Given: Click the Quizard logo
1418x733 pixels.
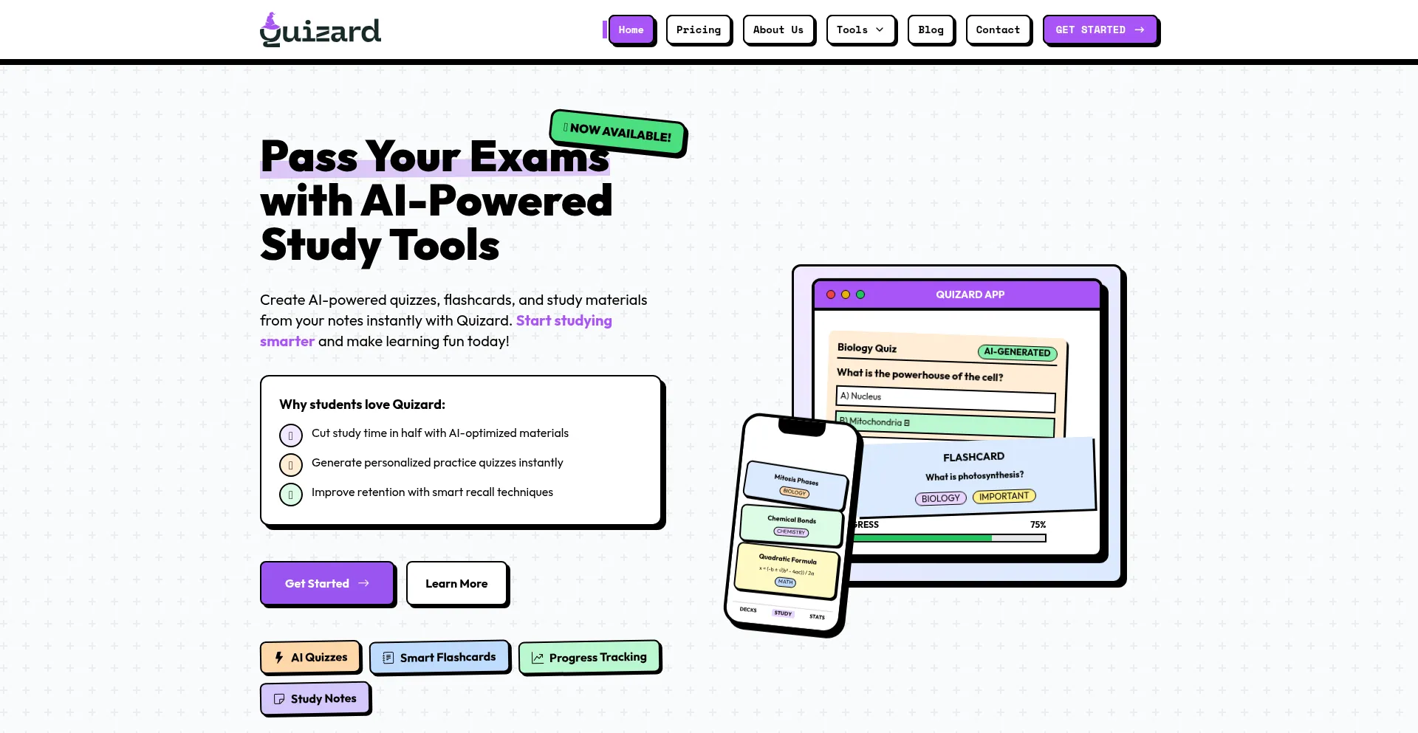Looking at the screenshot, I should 321,30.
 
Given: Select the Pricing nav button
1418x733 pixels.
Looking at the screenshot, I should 698,30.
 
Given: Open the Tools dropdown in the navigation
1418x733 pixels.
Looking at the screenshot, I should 860,30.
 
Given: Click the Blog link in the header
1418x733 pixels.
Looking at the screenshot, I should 931,30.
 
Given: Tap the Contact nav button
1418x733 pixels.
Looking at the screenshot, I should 998,30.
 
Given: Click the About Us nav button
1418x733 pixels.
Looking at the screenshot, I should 778,30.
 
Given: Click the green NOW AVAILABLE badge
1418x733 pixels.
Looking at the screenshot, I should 617,132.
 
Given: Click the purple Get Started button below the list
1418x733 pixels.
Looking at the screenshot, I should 326,583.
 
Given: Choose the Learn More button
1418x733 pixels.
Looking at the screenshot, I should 456,583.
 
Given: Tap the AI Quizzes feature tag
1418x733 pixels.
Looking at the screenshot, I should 310,657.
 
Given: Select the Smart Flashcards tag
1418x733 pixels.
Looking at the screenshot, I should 439,657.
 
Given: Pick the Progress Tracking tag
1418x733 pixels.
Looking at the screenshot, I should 589,657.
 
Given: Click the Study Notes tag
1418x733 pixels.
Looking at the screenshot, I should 315,698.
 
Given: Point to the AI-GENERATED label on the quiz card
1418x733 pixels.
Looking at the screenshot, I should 1017,352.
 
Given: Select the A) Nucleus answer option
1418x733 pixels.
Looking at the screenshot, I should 945,399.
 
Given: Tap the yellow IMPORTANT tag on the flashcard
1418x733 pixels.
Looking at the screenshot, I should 1004,496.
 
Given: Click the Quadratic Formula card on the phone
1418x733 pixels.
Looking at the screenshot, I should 787,571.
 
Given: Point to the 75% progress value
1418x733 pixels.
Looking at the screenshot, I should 1038,525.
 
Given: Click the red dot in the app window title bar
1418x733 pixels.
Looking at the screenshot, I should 831,295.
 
